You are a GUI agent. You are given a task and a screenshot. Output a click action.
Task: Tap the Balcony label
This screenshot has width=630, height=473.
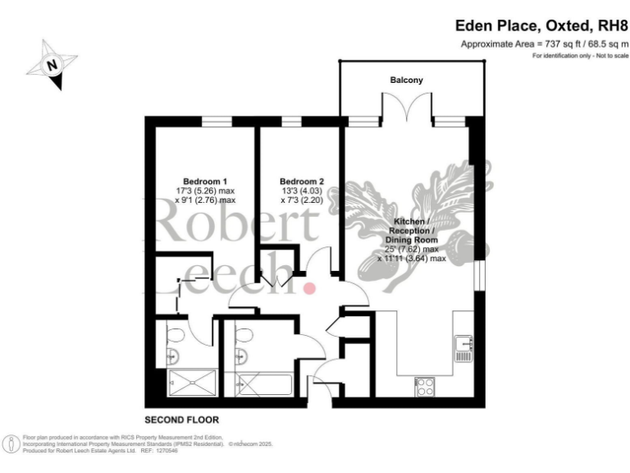tap(406, 80)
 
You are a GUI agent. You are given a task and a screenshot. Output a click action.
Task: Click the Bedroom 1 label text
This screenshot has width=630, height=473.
tap(204, 181)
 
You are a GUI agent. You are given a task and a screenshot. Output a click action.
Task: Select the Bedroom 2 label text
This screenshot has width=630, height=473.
tap(301, 181)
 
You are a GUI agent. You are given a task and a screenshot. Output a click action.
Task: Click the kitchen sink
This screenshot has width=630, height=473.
tap(464, 348)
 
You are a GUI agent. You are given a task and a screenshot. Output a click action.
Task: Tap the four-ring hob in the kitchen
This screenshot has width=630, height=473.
tap(426, 386)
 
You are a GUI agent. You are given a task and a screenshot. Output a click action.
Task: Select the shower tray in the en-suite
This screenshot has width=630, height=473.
tap(193, 383)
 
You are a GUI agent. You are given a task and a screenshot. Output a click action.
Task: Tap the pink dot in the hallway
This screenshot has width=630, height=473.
tap(310, 287)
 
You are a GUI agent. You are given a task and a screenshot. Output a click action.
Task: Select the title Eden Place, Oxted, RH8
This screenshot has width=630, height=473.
tap(542, 25)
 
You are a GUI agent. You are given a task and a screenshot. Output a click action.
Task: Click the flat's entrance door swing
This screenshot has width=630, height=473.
tap(326, 379)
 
